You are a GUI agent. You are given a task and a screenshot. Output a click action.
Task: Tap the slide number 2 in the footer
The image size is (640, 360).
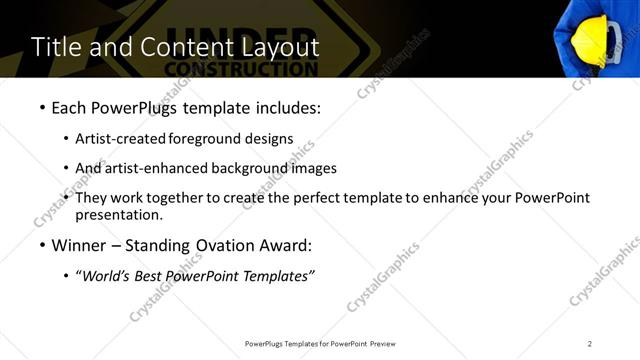590,343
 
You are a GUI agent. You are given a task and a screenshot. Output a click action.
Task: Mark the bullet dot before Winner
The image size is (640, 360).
42,245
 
